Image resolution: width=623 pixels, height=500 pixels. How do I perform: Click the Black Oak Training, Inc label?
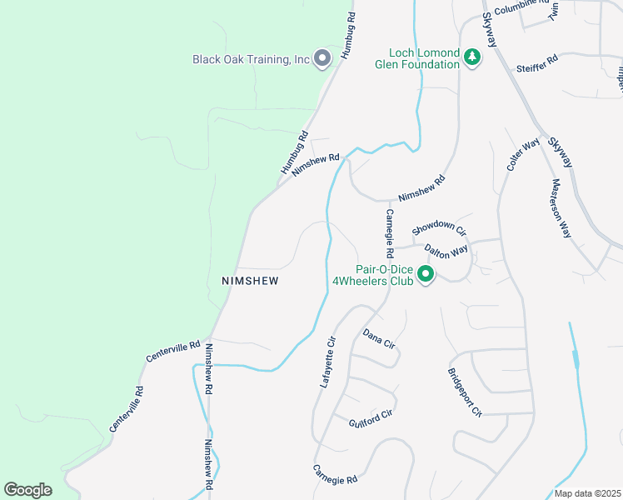pyautogui.click(x=251, y=59)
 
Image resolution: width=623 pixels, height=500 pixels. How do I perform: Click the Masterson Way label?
pyautogui.click(x=559, y=208)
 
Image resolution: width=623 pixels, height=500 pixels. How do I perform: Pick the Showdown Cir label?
pyautogui.click(x=438, y=227)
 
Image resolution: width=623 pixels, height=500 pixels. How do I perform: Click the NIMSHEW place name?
pyautogui.click(x=250, y=281)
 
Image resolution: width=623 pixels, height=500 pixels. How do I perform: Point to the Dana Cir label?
pyautogui.click(x=377, y=338)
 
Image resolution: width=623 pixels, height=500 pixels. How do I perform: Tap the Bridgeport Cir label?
pyautogui.click(x=465, y=392)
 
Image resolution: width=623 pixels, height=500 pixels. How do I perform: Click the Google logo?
pyautogui.click(x=27, y=490)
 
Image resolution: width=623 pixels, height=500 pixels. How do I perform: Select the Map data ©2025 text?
pyautogui.click(x=586, y=493)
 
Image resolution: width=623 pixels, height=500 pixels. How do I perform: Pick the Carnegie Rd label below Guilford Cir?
pyautogui.click(x=335, y=479)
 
